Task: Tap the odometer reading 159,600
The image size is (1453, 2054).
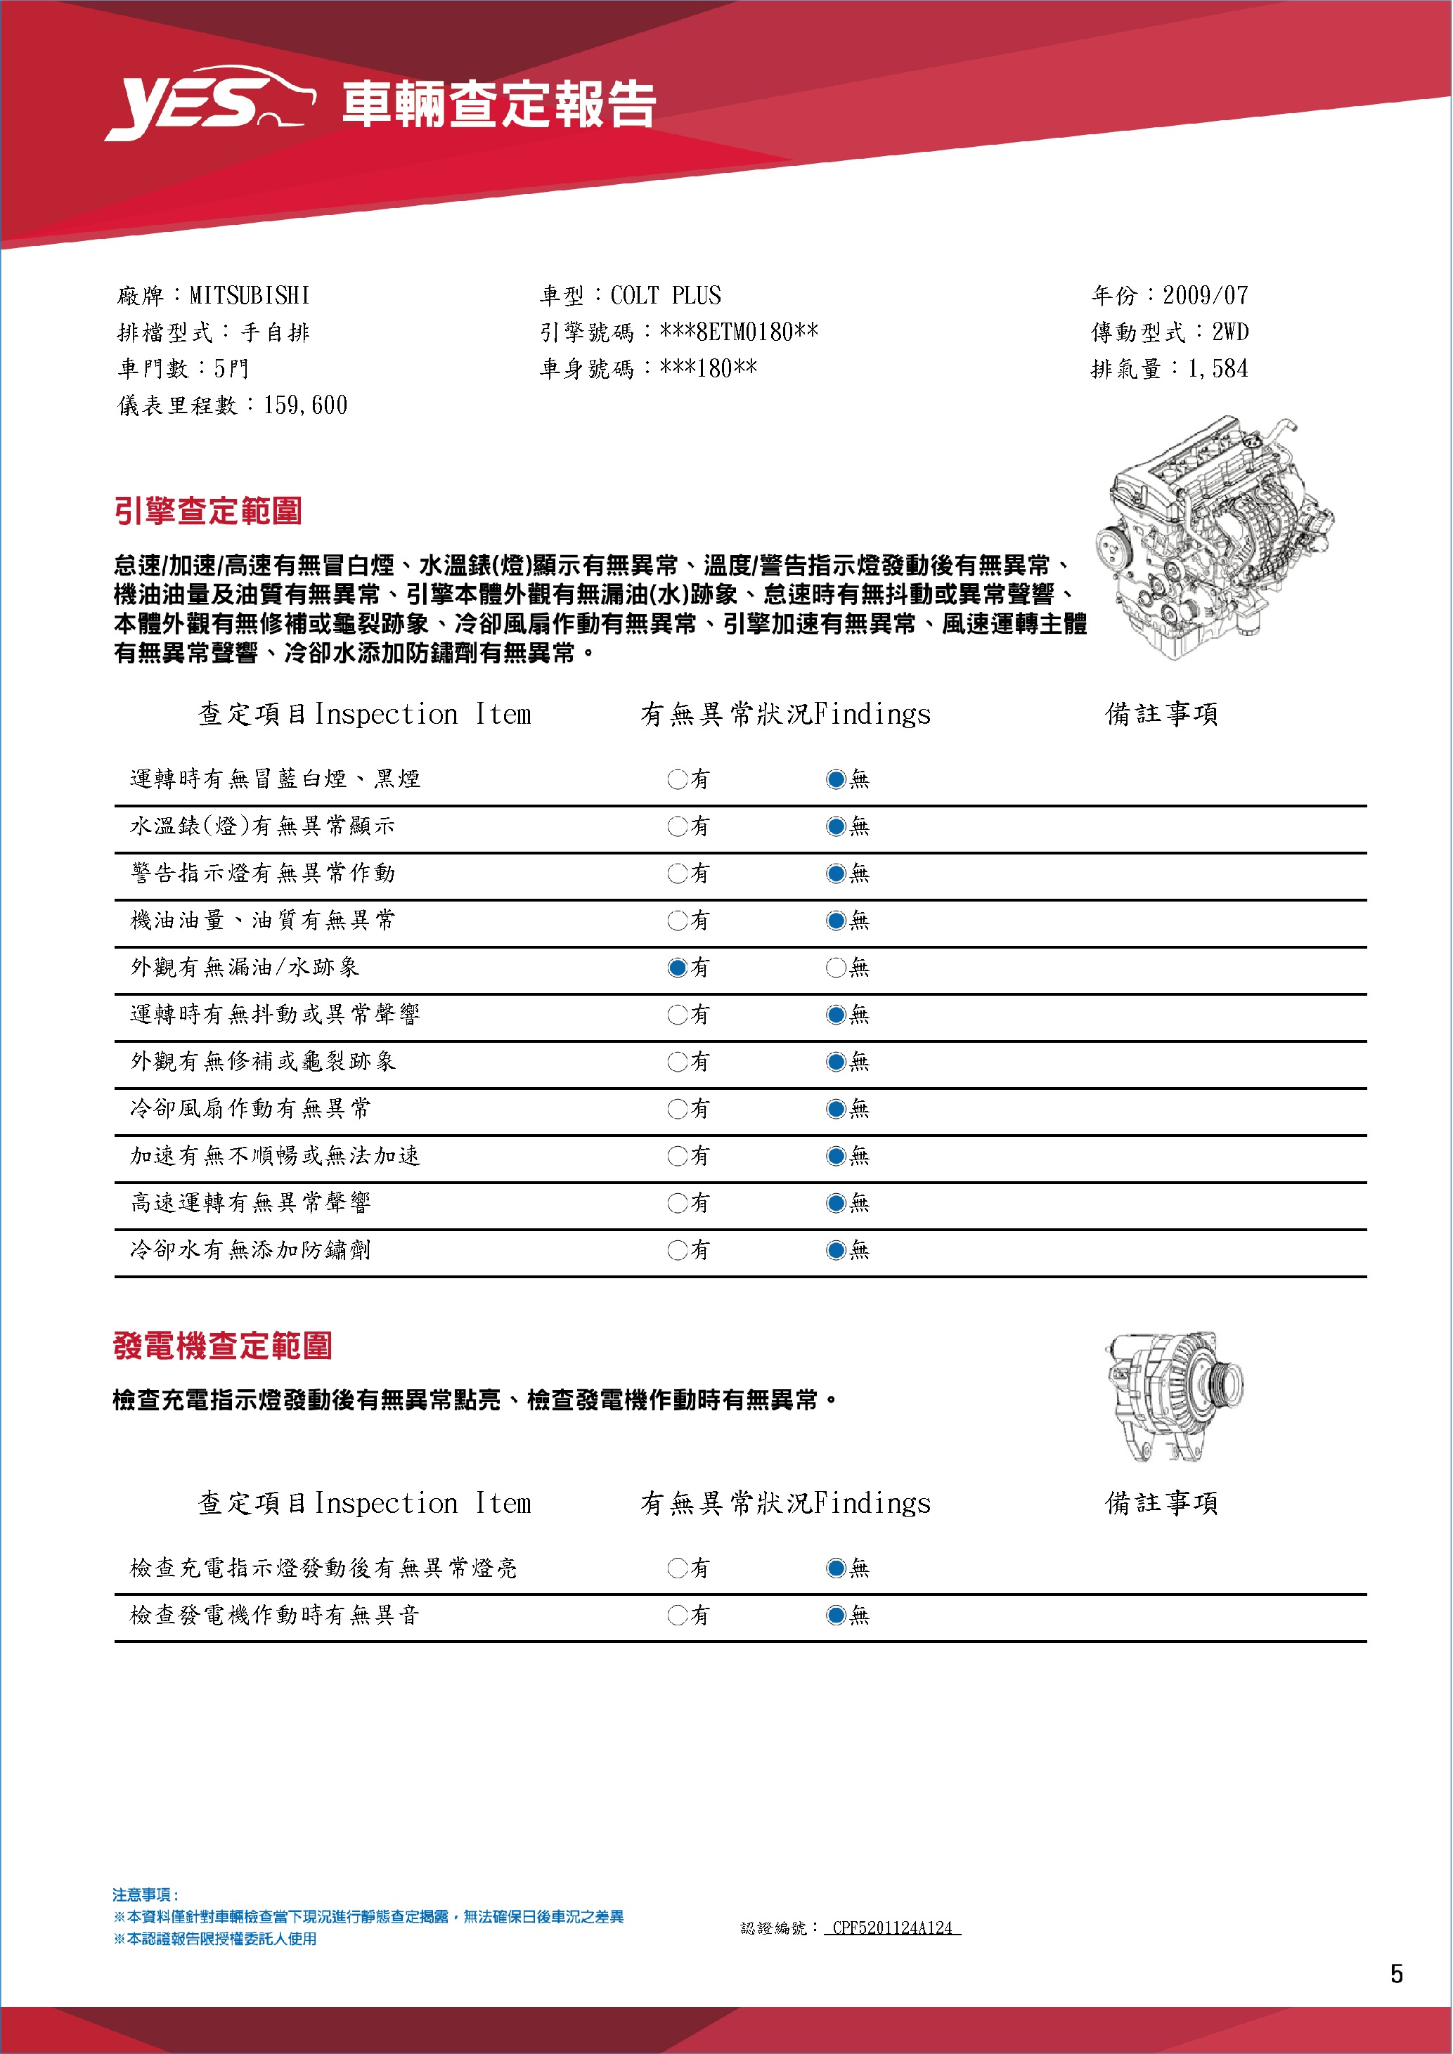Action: [x=305, y=405]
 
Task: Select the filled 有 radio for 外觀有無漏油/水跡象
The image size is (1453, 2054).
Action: [x=677, y=967]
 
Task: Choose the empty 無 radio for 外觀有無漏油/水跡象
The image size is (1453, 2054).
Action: [x=836, y=967]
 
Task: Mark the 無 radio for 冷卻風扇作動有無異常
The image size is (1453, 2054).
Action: [x=836, y=1108]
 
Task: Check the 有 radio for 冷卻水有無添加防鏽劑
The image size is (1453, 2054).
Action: [x=677, y=1249]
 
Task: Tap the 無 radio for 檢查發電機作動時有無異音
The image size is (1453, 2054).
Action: [x=836, y=1615]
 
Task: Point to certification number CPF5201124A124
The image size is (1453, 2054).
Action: [x=891, y=1927]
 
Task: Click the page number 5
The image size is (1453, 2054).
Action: [x=1396, y=1973]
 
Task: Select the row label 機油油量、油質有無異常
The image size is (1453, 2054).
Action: [x=262, y=920]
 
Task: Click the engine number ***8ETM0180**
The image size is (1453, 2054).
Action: [x=738, y=332]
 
